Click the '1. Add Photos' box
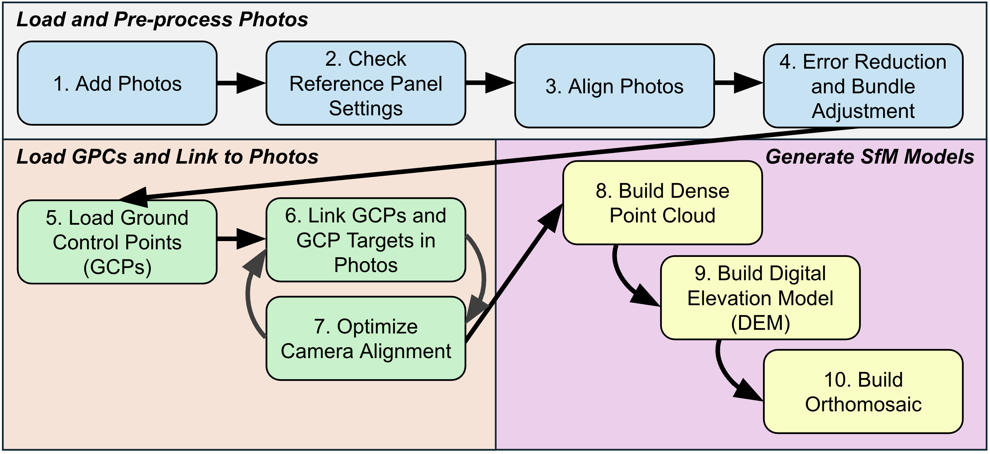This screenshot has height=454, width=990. pyautogui.click(x=117, y=83)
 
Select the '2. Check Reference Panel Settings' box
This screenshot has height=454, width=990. pyautogui.click(x=365, y=83)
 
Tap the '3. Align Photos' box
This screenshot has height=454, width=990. pyautogui.click(x=614, y=86)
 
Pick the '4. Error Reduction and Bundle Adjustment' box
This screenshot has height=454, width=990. pyautogui.click(x=863, y=86)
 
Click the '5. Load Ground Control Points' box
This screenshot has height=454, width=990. pyautogui.click(x=117, y=242)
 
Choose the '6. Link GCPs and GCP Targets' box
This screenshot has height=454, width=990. pyautogui.click(x=365, y=240)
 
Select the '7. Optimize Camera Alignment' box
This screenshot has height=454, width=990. pyautogui.click(x=365, y=338)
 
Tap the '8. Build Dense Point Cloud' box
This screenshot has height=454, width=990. pyautogui.click(x=662, y=203)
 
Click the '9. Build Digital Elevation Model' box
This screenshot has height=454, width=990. pyautogui.click(x=760, y=298)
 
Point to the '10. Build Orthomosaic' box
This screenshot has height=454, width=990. pyautogui.click(x=863, y=392)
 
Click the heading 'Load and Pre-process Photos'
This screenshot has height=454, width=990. pyautogui.click(x=162, y=19)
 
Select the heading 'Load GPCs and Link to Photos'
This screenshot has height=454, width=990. pyautogui.click(x=167, y=157)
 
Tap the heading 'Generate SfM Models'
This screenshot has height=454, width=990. pyautogui.click(x=869, y=157)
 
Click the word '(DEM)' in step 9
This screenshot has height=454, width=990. pyautogui.click(x=760, y=323)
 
